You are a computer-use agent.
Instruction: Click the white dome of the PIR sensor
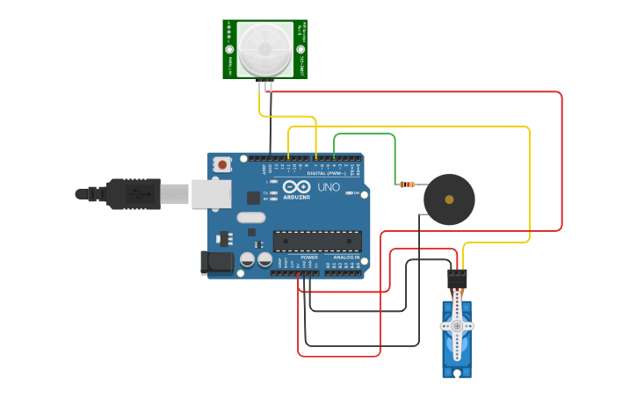[264, 49]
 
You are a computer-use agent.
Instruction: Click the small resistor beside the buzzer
[406, 185]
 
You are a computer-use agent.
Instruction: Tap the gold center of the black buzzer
[449, 199]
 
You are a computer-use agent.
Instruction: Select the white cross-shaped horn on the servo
[457, 326]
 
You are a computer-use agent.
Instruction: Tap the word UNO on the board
[328, 187]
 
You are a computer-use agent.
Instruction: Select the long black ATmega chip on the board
[317, 241]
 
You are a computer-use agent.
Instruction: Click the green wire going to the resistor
[365, 134]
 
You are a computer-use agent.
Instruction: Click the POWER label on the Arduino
[309, 257]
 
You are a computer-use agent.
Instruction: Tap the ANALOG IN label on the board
[344, 257]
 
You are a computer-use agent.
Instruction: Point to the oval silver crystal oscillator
[250, 218]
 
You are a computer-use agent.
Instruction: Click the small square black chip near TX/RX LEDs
[253, 198]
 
